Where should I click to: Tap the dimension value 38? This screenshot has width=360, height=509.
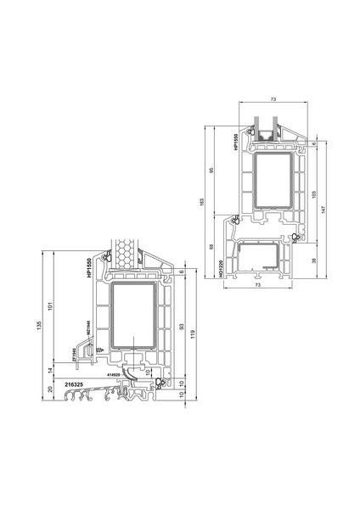314,261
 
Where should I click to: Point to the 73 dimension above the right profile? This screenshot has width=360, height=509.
272,100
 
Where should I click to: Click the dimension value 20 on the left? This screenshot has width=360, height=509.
51,389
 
